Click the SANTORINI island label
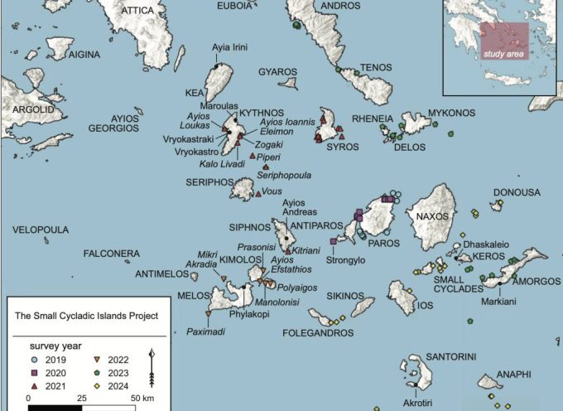[x=450, y=356]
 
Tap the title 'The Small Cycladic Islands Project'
[x=87, y=316]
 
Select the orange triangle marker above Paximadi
[x=208, y=315]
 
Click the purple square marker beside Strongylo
[x=333, y=241]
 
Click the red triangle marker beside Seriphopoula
[x=266, y=167]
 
